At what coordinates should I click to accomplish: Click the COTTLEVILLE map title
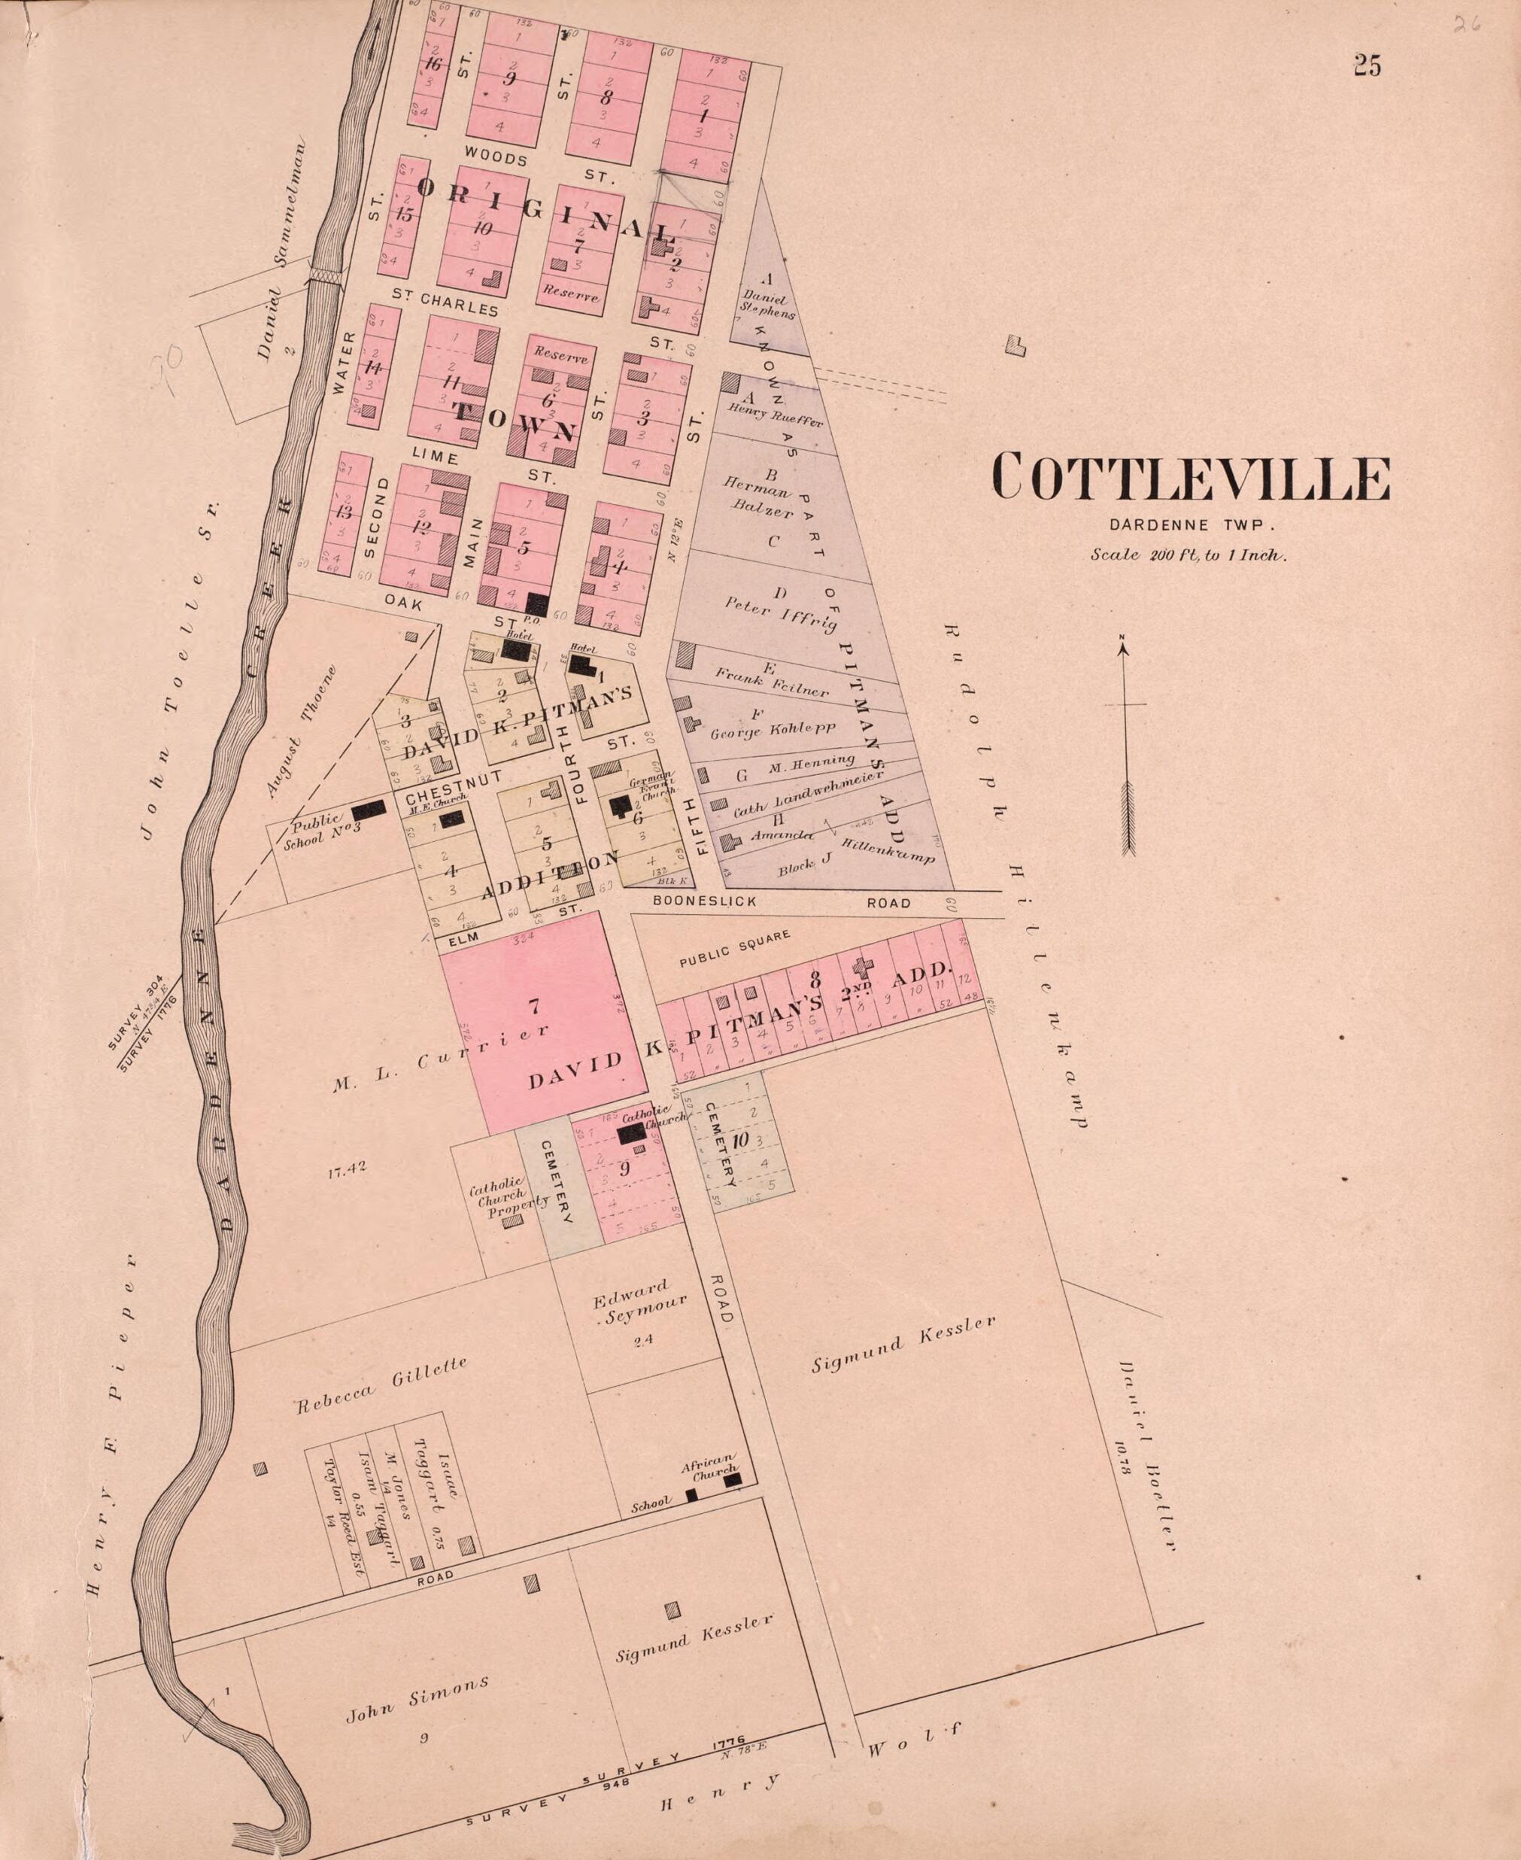point(1190,479)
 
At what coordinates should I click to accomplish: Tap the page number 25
point(1367,65)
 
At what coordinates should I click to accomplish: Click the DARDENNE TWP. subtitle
point(1189,526)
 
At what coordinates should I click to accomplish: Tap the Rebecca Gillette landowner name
point(381,1385)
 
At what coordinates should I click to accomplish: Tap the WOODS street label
point(496,160)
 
